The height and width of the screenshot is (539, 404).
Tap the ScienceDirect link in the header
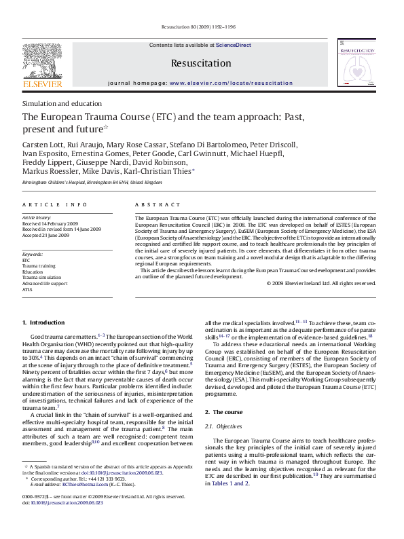pyautogui.click(x=234, y=45)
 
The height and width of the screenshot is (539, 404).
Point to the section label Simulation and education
pyautogui.click(x=62, y=103)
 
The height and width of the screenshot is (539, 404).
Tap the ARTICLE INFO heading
pyautogui.click(x=54, y=204)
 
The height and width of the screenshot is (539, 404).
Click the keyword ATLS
pyautogui.click(x=27, y=289)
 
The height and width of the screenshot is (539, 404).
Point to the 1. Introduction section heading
pyautogui.click(x=43, y=322)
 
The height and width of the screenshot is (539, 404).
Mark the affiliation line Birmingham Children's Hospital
pyautogui.click(x=92, y=183)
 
